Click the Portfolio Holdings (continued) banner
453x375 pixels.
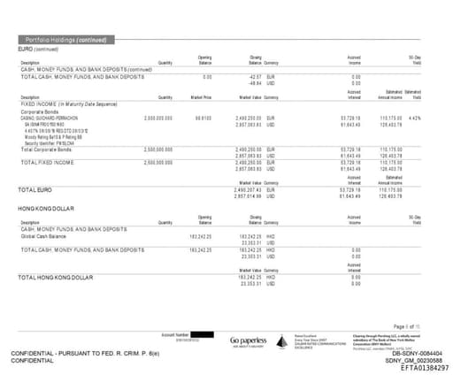point(66,41)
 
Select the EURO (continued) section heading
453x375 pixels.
point(39,50)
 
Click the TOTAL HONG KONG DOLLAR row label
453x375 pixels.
point(56,278)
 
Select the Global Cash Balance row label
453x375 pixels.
point(45,236)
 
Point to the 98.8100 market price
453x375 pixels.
point(203,117)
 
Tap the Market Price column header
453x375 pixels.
point(201,97)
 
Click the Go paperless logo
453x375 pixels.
point(246,341)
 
